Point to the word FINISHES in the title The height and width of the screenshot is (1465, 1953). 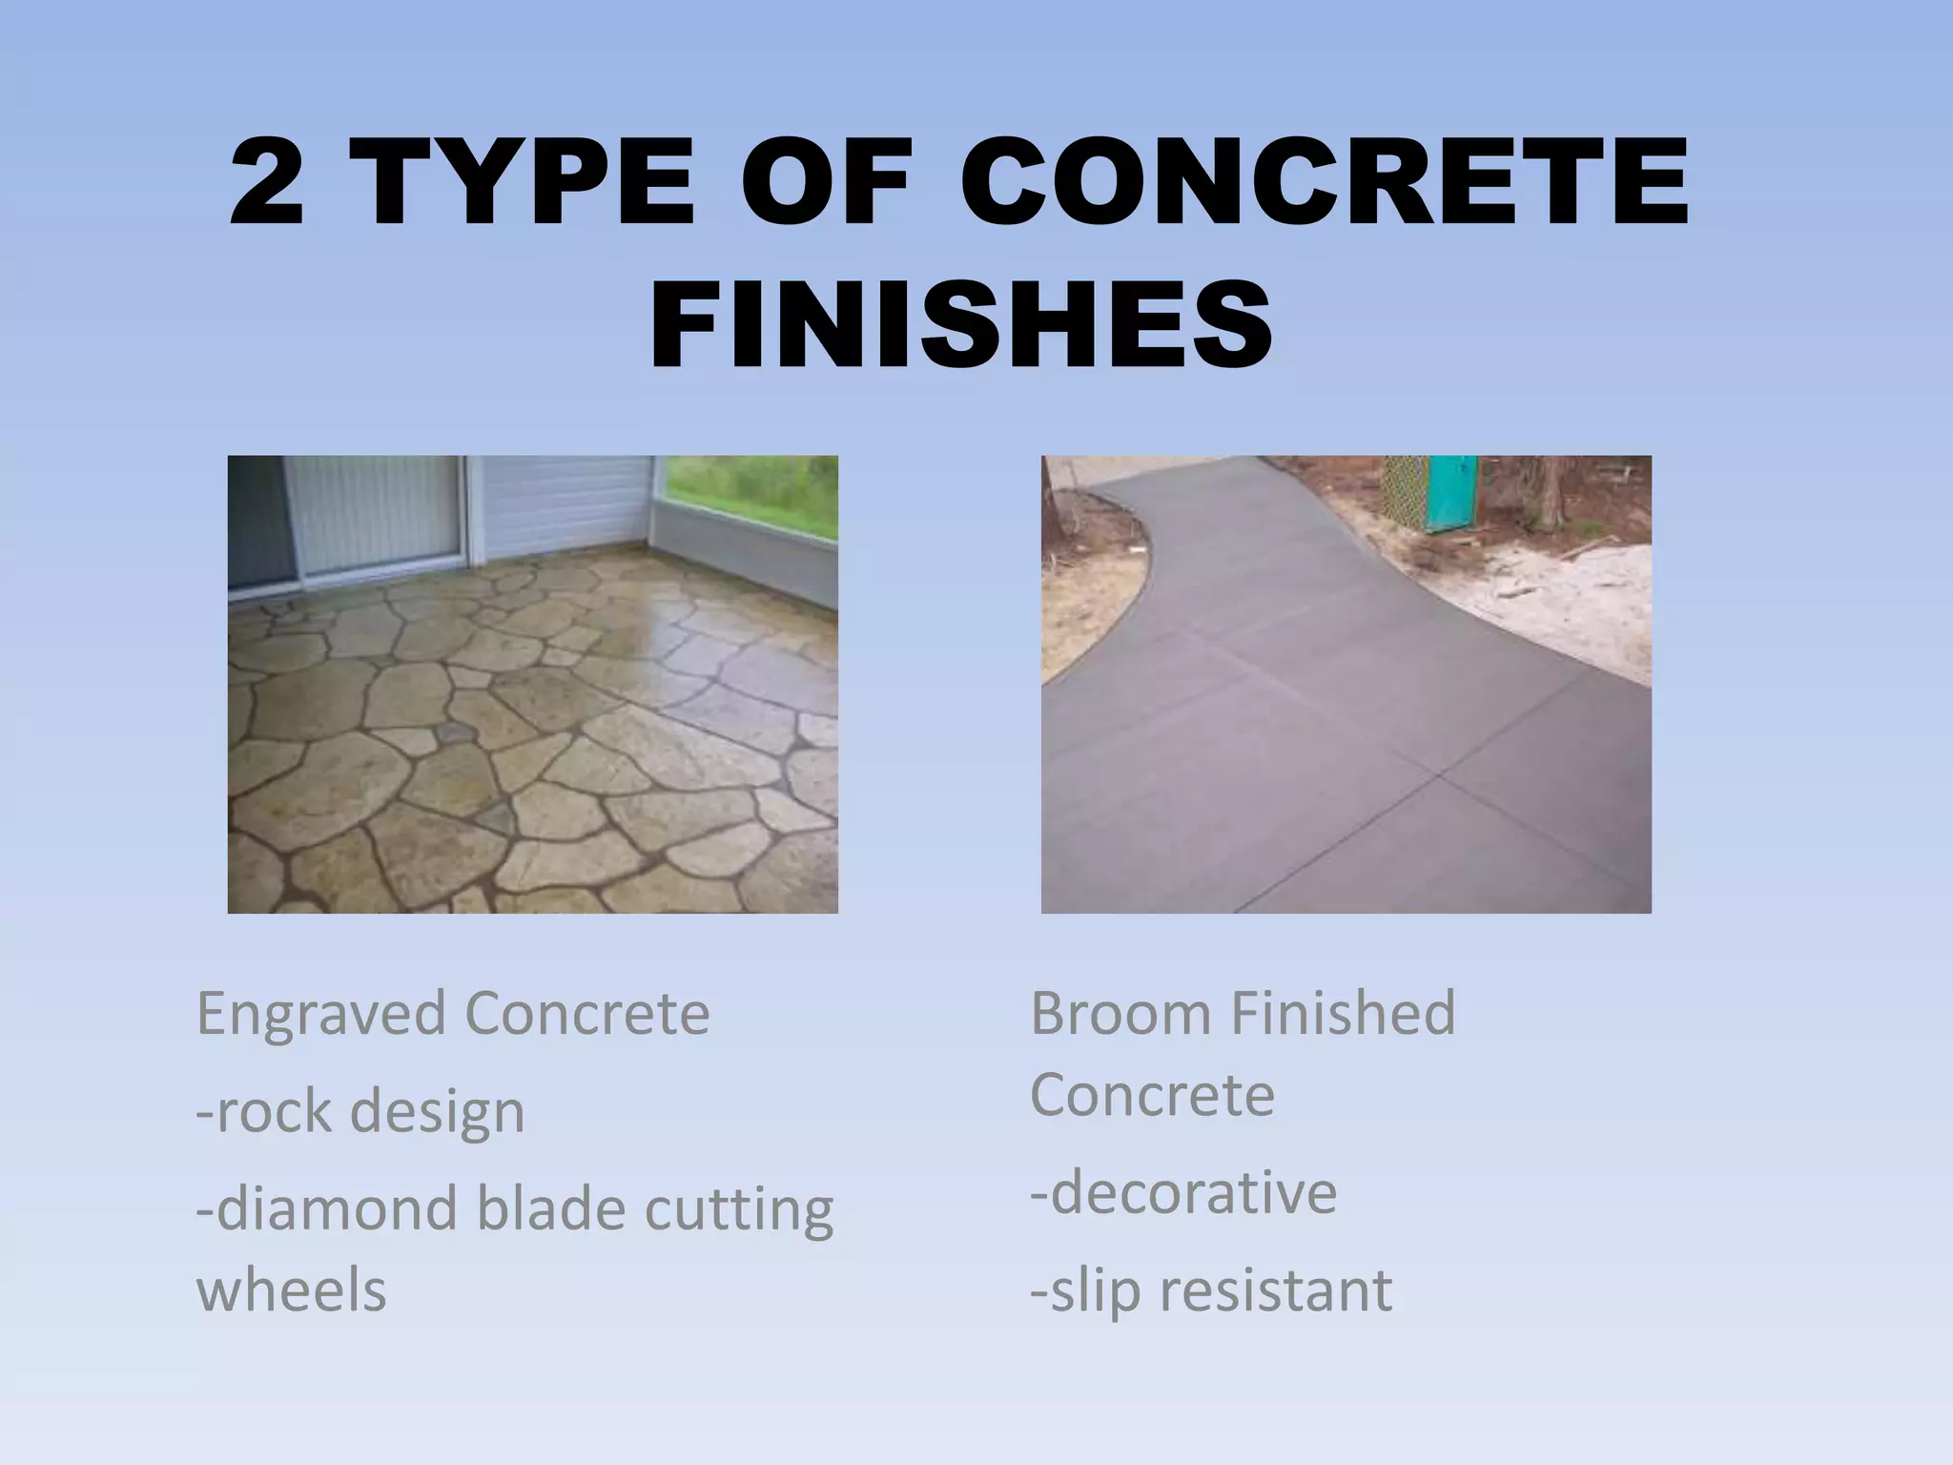960,325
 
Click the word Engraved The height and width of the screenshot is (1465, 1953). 320,1015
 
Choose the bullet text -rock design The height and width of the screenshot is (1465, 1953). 360,1112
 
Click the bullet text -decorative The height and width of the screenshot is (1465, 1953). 1183,1192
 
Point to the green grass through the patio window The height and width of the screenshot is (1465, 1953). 753,496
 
